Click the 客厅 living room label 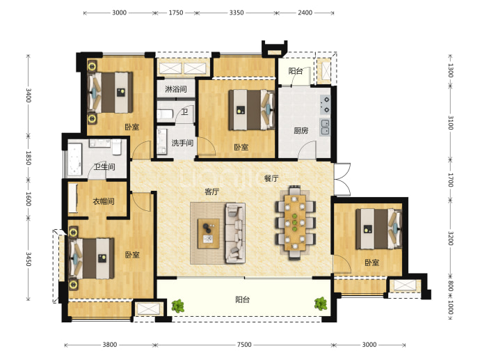pos(212,191)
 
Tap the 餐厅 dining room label pos(271,178)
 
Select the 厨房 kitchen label pos(301,130)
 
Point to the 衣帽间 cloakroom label pos(104,201)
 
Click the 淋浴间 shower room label pos(176,89)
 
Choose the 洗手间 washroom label pos(182,143)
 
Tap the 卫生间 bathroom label pos(104,166)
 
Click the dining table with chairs pos(295,223)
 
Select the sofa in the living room pos(235,233)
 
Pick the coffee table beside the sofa pos(209,233)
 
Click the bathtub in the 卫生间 pos(74,160)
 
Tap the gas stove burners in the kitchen pos(325,104)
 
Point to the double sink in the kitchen pos(325,127)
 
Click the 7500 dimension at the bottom pos(244,345)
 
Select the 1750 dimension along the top pos(176,13)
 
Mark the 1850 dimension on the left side pos(28,158)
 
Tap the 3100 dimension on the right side pos(450,123)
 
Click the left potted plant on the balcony pos(177,306)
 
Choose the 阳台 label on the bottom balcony pos(243,299)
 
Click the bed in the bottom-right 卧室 pos(378,228)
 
